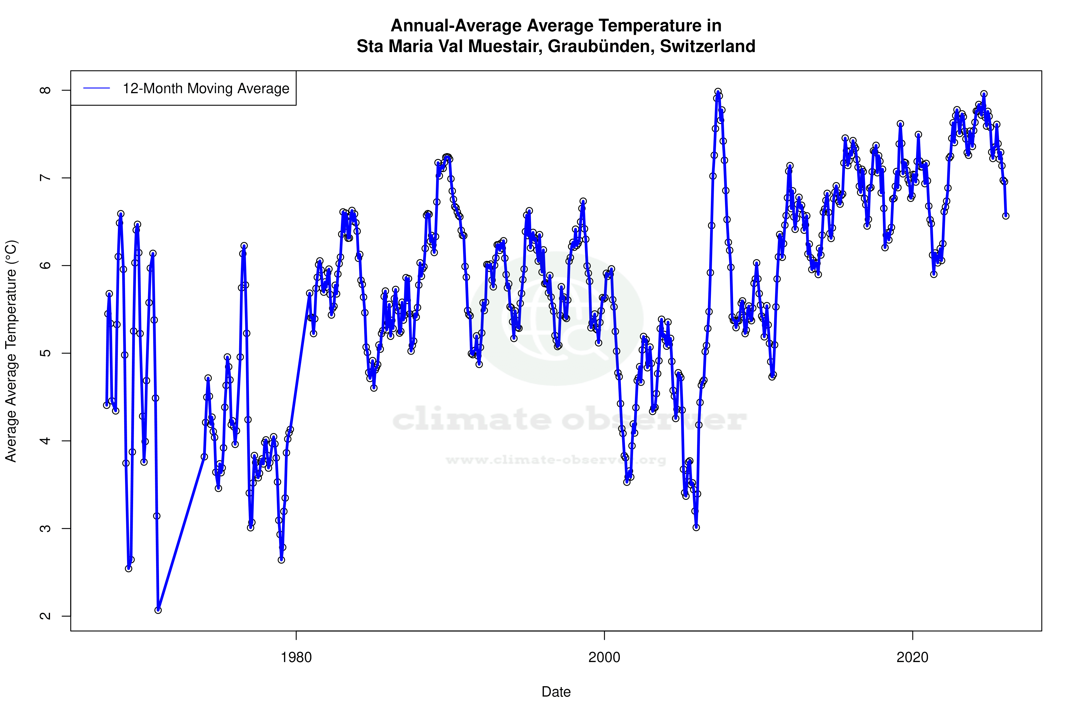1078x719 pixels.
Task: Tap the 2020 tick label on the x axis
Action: [x=912, y=657]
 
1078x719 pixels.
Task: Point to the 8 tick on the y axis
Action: [x=46, y=90]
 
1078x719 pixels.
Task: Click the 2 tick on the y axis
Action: [x=46, y=616]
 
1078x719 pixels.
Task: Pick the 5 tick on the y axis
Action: [x=46, y=353]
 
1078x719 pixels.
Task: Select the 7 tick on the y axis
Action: [x=46, y=178]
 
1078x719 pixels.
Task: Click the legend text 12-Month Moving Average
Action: [x=206, y=89]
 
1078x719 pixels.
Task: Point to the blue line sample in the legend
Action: [x=97, y=89]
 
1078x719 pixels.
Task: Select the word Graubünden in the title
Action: [x=601, y=46]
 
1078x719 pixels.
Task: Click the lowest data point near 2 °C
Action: [x=158, y=610]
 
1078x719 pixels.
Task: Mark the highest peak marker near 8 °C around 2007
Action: [x=718, y=92]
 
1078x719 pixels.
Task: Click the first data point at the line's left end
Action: [x=107, y=405]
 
